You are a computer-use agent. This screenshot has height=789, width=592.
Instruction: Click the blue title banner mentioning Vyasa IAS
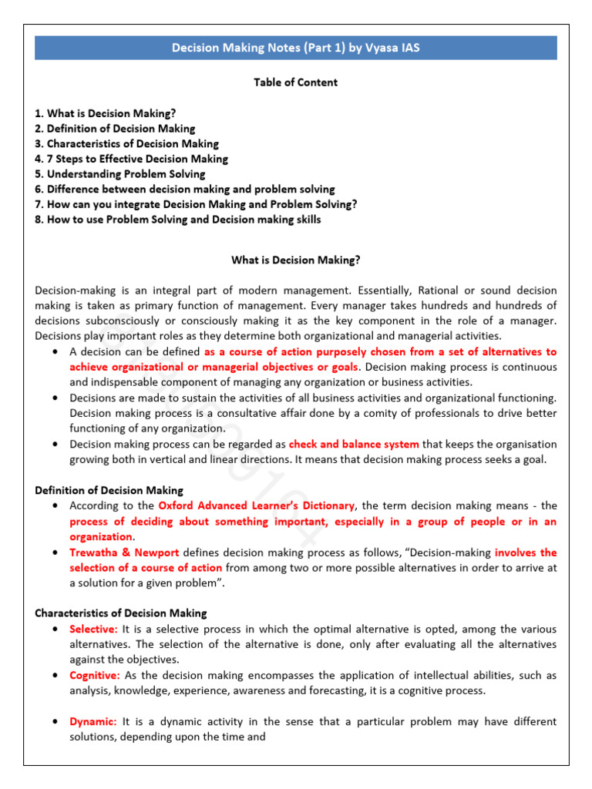(296, 48)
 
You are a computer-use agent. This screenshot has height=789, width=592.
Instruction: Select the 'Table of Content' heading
(296, 82)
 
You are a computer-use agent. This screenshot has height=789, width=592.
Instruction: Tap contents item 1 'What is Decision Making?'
(106, 113)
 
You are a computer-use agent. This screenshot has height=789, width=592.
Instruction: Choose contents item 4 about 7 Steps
(132, 159)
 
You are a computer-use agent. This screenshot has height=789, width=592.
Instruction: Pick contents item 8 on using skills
(178, 220)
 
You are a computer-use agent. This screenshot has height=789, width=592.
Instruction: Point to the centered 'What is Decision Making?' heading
(296, 260)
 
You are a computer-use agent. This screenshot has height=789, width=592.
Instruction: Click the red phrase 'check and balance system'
(354, 444)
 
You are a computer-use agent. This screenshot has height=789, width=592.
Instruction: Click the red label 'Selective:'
(93, 629)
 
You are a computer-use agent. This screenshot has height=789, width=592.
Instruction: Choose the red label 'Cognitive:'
(95, 675)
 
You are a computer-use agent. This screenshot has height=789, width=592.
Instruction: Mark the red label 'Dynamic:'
(93, 721)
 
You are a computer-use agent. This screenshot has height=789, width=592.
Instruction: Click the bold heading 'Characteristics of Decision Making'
(121, 613)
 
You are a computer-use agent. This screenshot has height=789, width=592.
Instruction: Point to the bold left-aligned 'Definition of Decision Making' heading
(109, 490)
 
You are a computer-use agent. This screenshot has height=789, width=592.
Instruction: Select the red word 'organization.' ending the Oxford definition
(102, 536)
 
